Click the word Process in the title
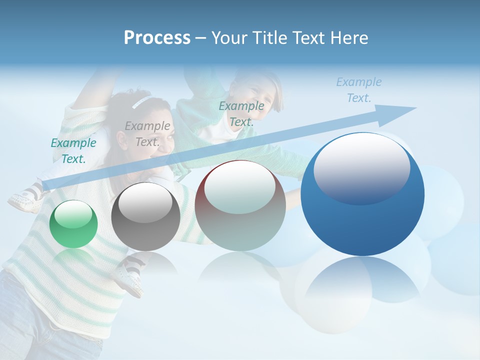click(157, 38)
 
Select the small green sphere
click(73, 224)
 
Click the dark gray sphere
click(145, 217)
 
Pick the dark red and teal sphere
click(239, 205)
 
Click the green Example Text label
click(73, 151)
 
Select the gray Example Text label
click(147, 134)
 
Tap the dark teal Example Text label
click(241, 114)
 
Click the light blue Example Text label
click(358, 90)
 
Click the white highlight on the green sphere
click(73, 215)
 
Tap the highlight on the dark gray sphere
click(145, 201)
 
